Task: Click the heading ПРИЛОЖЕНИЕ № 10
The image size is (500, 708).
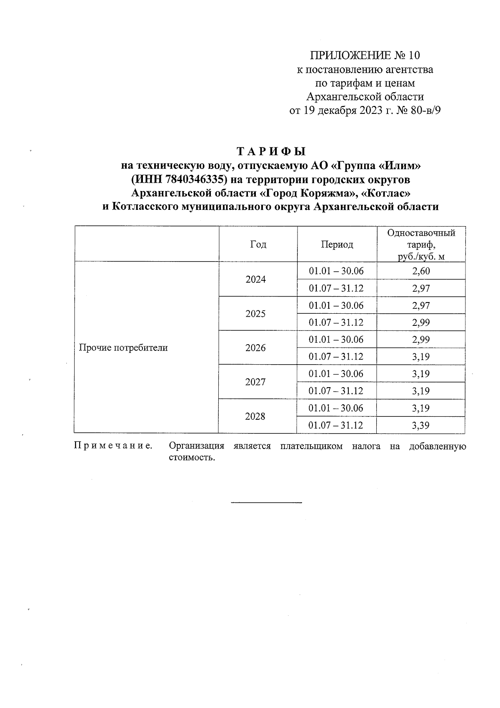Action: (x=365, y=55)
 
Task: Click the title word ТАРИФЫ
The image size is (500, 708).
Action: (x=271, y=151)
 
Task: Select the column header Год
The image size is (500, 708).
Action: (x=258, y=244)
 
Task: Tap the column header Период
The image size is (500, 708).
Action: (x=337, y=244)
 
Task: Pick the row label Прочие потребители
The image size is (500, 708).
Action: (x=123, y=348)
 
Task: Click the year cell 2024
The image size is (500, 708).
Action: (x=255, y=280)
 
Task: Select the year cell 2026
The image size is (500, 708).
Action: (x=255, y=348)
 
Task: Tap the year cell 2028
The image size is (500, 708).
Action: (x=255, y=416)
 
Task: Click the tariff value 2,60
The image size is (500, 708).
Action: (x=421, y=271)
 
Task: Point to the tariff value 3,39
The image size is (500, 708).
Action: (x=421, y=426)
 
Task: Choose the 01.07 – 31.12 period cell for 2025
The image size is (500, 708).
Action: (x=336, y=323)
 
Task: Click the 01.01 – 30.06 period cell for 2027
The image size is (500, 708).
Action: (x=336, y=374)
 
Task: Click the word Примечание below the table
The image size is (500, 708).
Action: (x=113, y=446)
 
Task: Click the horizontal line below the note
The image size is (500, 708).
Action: (x=266, y=502)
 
